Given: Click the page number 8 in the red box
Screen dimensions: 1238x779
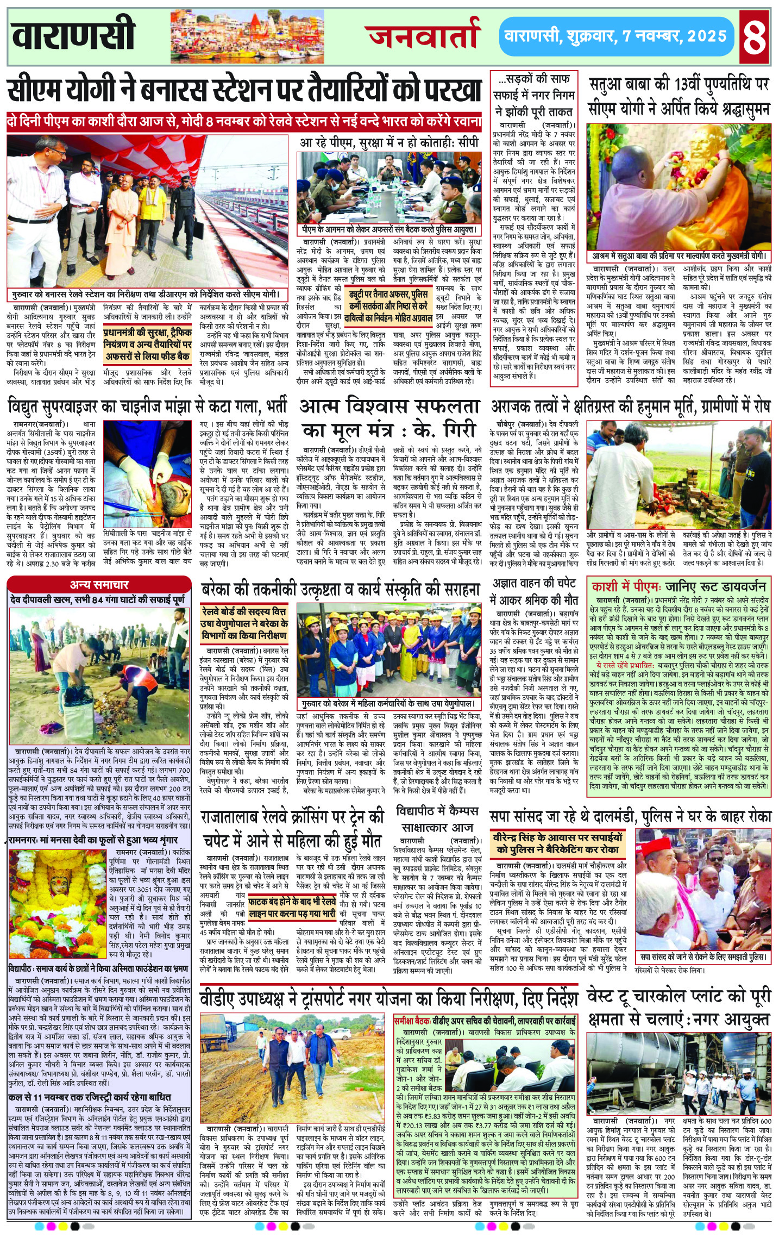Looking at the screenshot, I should click(x=754, y=36).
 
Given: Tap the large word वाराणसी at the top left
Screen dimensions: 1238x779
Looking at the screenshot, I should click(x=73, y=34).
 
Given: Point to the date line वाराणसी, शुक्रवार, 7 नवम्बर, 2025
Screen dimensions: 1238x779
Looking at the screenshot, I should click(x=615, y=36).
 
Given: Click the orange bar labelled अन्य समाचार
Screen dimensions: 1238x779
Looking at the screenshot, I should click(x=99, y=585).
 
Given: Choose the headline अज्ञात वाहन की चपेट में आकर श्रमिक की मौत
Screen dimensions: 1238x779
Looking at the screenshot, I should click(x=533, y=591).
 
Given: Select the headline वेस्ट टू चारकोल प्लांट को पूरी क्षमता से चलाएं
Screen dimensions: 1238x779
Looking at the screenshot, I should click(x=679, y=1009).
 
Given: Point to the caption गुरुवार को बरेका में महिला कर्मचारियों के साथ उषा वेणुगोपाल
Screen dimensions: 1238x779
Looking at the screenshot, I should click(x=389, y=704).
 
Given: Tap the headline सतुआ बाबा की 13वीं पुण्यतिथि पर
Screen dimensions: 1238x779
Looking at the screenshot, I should click(x=679, y=85).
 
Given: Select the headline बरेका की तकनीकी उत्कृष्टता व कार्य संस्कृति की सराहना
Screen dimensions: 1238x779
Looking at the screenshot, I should click(x=341, y=590).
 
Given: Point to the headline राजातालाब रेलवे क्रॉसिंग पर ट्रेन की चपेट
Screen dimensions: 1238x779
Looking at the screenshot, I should click(x=292, y=829).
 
